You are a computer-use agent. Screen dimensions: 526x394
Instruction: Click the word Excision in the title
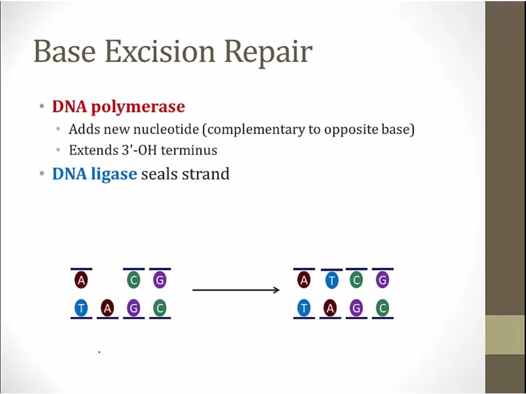pyautogui.click(x=160, y=51)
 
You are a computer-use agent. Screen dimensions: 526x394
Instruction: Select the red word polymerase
pyautogui.click(x=138, y=107)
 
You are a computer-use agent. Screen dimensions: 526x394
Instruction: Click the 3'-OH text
pyautogui.click(x=139, y=150)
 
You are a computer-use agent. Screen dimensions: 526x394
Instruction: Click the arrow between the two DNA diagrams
pyautogui.click(x=236, y=290)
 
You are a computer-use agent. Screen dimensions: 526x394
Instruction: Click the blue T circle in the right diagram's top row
pyautogui.click(x=331, y=280)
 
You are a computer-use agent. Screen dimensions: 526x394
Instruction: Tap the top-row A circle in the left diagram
pyautogui.click(x=81, y=280)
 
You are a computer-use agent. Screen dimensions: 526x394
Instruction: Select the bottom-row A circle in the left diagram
pyautogui.click(x=108, y=308)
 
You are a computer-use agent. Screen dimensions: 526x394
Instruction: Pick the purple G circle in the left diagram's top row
pyautogui.click(x=160, y=280)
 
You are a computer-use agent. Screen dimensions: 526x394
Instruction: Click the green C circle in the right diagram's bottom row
pyautogui.click(x=382, y=308)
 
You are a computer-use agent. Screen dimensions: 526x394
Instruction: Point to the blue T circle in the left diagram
pyautogui.click(x=81, y=308)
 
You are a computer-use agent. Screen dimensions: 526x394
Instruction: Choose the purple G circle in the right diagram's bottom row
pyautogui.click(x=357, y=308)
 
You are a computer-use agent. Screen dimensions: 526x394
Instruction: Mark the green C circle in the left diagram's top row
pyautogui.click(x=133, y=280)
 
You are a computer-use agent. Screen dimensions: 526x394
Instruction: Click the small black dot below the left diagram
pyautogui.click(x=99, y=352)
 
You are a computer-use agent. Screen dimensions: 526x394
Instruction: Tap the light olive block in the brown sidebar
pyautogui.click(x=506, y=334)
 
